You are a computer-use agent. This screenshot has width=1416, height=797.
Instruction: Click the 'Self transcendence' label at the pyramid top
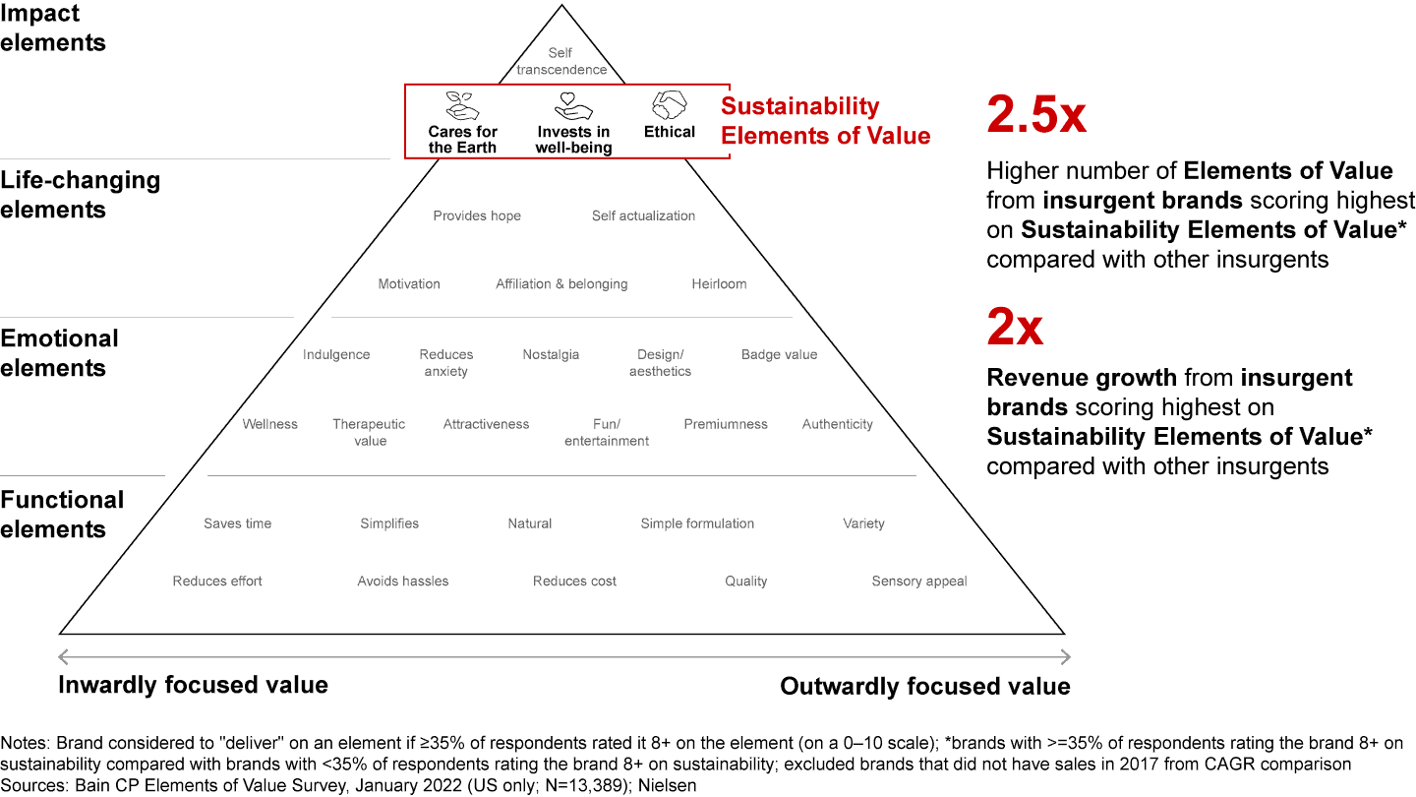pyautogui.click(x=561, y=61)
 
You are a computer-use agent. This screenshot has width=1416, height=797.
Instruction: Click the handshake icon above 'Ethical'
pyautogui.click(x=670, y=104)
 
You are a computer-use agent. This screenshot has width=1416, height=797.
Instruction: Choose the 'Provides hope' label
pyautogui.click(x=477, y=215)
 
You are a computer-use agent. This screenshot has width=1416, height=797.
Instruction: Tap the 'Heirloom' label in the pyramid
pyautogui.click(x=719, y=283)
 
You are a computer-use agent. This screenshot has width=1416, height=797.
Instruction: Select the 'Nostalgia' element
pyautogui.click(x=551, y=354)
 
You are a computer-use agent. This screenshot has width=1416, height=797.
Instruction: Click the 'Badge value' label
pyautogui.click(x=779, y=354)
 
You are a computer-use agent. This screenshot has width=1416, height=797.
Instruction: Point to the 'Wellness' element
pyautogui.click(x=269, y=424)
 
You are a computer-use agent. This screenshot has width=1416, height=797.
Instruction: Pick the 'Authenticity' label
pyautogui.click(x=837, y=424)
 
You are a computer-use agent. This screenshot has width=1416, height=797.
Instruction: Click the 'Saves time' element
pyautogui.click(x=237, y=523)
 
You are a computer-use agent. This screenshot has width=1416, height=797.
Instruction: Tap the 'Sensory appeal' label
pyautogui.click(x=919, y=581)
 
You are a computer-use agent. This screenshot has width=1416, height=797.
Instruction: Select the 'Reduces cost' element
pyautogui.click(x=574, y=581)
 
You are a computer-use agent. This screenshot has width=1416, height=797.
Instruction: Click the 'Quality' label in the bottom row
pyautogui.click(x=745, y=581)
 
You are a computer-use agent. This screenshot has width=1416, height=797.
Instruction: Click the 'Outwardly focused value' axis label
pyautogui.click(x=924, y=686)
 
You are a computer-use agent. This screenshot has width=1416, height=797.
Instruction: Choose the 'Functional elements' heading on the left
pyautogui.click(x=62, y=514)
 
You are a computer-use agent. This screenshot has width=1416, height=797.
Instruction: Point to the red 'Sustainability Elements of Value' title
pyautogui.click(x=825, y=121)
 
